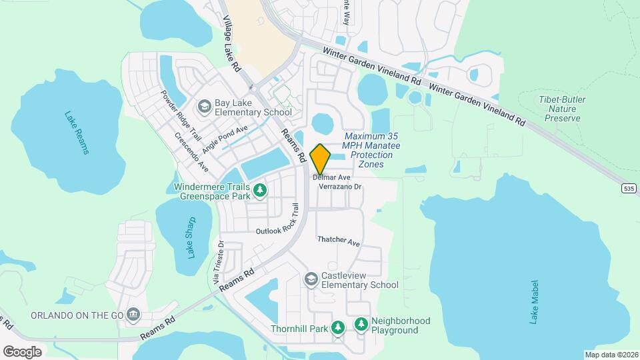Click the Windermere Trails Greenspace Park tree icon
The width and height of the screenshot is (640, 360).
pyautogui.click(x=261, y=191)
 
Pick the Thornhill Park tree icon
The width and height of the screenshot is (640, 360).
pyautogui.click(x=339, y=327)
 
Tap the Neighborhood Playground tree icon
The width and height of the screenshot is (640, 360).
pyautogui.click(x=361, y=324)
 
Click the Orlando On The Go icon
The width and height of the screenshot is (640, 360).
pyautogui.click(x=133, y=314)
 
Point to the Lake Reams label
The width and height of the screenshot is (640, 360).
pyautogui.click(x=77, y=132)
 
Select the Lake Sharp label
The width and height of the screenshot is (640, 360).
pyautogui.click(x=192, y=237)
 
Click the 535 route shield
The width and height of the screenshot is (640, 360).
pyautogui.click(x=629, y=189)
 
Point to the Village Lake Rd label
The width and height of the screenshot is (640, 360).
pyautogui.click(x=231, y=44)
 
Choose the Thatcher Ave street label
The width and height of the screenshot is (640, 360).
pyautogui.click(x=339, y=241)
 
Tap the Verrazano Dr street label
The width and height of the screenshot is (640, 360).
pyautogui.click(x=340, y=187)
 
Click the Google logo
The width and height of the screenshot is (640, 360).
pyautogui.click(x=22, y=351)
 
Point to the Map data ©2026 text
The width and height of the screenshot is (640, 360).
pyautogui.click(x=611, y=355)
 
